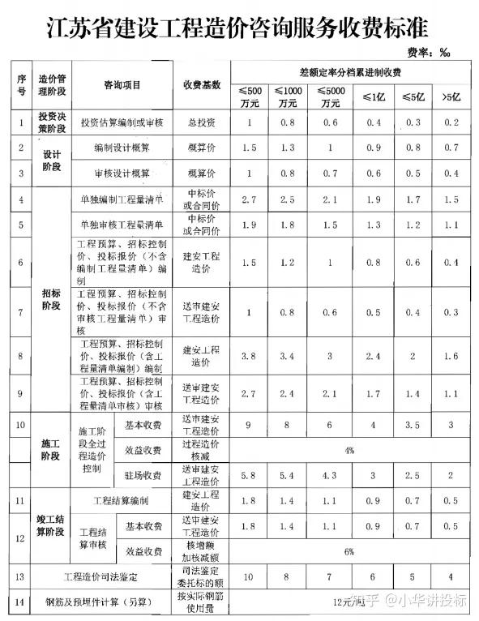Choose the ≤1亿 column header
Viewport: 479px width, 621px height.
(373, 97)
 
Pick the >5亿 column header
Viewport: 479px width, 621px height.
(452, 97)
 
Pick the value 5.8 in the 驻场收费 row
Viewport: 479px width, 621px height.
(250, 474)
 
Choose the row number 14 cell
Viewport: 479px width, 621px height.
(20, 603)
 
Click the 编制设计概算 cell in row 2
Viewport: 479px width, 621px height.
(122, 148)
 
